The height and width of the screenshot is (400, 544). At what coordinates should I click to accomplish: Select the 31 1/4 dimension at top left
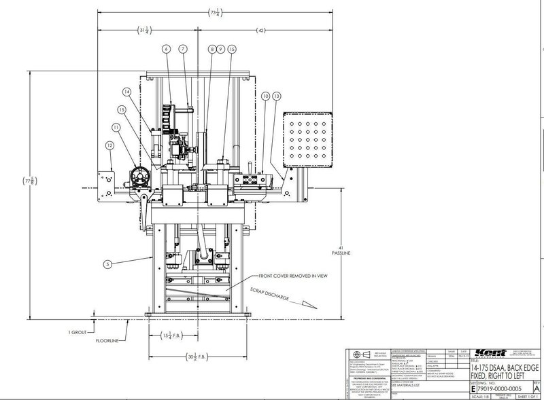pyautogui.click(x=144, y=31)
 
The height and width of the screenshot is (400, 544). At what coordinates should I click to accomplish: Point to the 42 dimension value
pyautogui.click(x=261, y=31)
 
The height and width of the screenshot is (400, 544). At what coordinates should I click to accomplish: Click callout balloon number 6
pyautogui.click(x=165, y=50)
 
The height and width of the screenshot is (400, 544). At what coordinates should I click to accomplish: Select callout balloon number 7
pyautogui.click(x=182, y=50)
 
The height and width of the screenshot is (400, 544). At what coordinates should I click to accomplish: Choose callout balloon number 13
pyautogui.click(x=276, y=97)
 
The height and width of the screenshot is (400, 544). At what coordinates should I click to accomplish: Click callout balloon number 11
pyautogui.click(x=116, y=126)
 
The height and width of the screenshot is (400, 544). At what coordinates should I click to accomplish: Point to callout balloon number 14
pyautogui.click(x=126, y=91)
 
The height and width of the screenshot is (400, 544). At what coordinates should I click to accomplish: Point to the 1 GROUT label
pyautogui.click(x=78, y=331)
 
